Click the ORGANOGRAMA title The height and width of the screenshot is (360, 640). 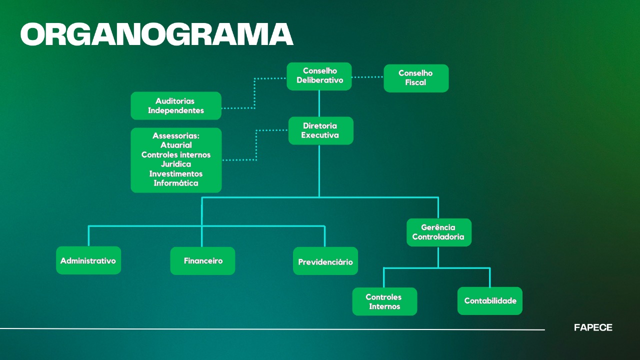tap(156, 34)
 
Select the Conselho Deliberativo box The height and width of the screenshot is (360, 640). tap(319, 76)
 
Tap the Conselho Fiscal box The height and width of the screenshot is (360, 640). tap(416, 78)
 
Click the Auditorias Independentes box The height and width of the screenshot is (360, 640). tap(176, 105)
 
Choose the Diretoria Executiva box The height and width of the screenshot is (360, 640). tap(320, 130)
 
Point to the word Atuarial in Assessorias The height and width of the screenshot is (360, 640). tap(176, 145)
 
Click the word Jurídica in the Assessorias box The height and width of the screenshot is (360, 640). tap(176, 164)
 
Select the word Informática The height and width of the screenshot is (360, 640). tap(176, 183)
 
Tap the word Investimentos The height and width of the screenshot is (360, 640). tap(176, 173)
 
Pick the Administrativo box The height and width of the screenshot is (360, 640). tap(88, 260)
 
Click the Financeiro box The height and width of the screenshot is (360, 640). tap(202, 260)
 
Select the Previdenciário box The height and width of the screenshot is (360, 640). tap(325, 261)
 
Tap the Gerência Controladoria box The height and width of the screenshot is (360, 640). tap(438, 232)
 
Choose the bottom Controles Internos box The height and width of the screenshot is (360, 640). tap(384, 301)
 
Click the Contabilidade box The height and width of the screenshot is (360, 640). tap(490, 301)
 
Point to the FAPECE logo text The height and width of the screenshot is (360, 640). tap(593, 328)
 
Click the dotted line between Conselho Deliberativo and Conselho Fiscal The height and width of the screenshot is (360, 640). tap(367, 77)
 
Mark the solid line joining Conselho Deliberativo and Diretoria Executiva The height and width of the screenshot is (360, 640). tap(319, 103)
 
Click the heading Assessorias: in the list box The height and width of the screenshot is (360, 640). tap(176, 135)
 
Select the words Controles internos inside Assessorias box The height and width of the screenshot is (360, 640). tap(176, 154)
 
